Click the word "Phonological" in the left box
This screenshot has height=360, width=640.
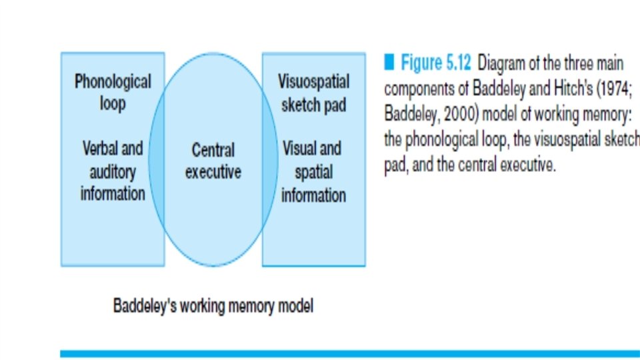pyautogui.click(x=113, y=82)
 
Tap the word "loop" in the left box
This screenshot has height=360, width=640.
pyautogui.click(x=113, y=104)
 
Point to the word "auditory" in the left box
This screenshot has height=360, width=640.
pyautogui.click(x=113, y=171)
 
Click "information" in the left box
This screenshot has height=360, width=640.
pyautogui.click(x=113, y=194)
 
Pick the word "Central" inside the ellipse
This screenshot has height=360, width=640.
pyautogui.click(x=213, y=149)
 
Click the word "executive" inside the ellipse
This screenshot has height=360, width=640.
pyautogui.click(x=213, y=172)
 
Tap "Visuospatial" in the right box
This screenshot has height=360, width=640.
pyautogui.click(x=313, y=82)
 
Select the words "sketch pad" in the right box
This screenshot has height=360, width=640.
pyautogui.click(x=313, y=105)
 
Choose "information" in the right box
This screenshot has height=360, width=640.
pyautogui.click(x=313, y=195)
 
